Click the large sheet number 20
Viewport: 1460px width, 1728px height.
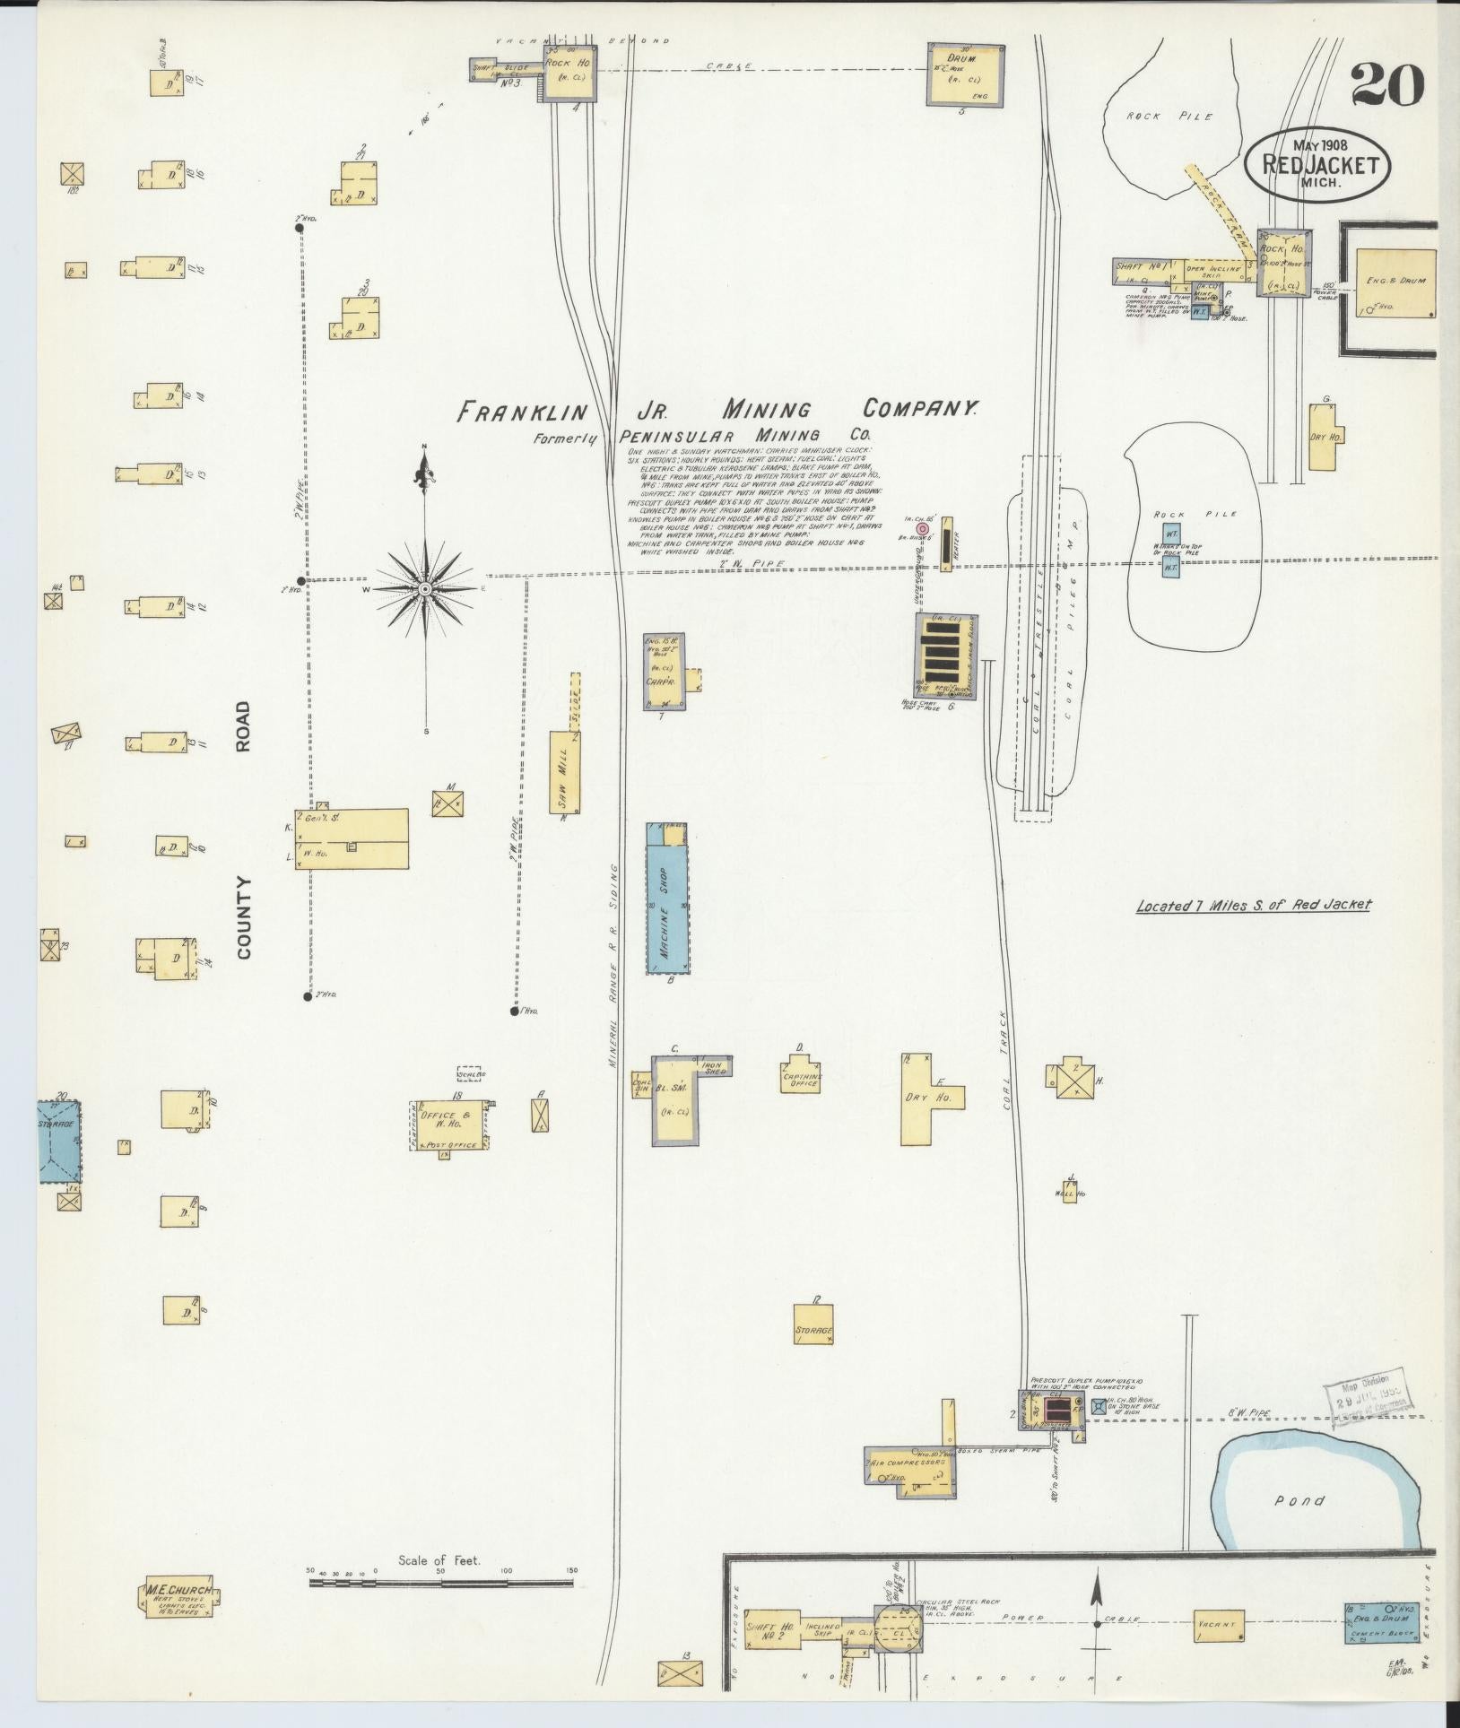pos(1386,86)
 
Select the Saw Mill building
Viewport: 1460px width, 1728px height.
pos(565,771)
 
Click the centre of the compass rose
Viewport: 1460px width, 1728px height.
pos(425,589)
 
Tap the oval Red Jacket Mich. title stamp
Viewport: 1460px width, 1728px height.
pos(1317,165)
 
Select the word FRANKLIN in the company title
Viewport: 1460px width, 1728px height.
pos(522,412)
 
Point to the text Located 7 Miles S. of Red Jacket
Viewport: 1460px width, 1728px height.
pos(1253,905)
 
